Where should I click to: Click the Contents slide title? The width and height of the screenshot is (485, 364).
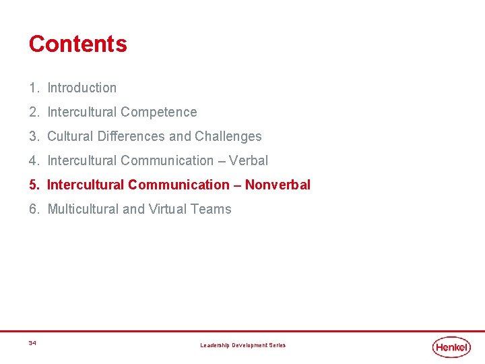(77, 44)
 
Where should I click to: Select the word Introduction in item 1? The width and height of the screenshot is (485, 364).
(82, 88)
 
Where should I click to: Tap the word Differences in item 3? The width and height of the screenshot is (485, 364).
(131, 136)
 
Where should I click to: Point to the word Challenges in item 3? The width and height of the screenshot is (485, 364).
(228, 136)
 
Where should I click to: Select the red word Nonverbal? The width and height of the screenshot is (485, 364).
(278, 185)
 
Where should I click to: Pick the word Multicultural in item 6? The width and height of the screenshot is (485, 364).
(83, 209)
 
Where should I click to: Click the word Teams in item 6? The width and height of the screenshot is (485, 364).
(211, 209)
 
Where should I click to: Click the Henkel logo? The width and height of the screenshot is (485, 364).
(451, 346)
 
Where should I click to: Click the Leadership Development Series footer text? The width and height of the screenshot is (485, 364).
(243, 345)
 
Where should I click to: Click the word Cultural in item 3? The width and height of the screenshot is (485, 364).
(71, 136)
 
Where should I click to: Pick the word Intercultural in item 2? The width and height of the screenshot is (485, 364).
(82, 112)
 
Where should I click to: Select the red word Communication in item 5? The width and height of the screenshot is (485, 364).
(179, 185)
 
